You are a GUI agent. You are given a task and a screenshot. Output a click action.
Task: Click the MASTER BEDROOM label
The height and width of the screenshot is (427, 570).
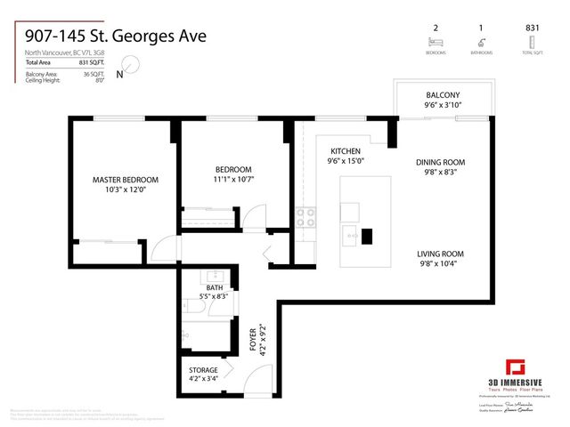click(x=119, y=180)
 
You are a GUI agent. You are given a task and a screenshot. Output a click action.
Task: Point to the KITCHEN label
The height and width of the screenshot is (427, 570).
click(x=345, y=151)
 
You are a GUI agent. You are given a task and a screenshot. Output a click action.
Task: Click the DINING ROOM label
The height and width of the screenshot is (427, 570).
click(x=441, y=162)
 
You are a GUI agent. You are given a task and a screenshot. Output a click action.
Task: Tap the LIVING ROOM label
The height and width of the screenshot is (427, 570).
click(x=441, y=254)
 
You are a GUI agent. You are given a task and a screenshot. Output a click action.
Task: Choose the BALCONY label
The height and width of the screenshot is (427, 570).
click(x=443, y=95)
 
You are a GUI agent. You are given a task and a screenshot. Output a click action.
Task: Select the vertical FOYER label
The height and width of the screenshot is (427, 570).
click(x=252, y=339)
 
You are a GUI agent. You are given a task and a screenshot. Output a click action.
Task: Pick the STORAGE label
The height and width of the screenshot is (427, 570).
click(x=203, y=369)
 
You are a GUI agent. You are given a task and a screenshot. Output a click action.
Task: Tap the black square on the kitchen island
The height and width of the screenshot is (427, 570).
click(x=366, y=238)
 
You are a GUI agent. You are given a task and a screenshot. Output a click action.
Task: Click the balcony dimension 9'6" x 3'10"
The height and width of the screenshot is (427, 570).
click(x=443, y=104)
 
